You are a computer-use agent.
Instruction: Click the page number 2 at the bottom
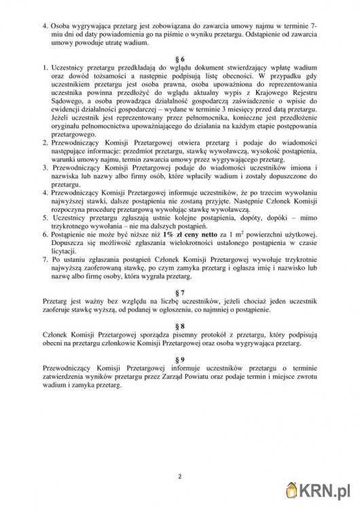(180, 475)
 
